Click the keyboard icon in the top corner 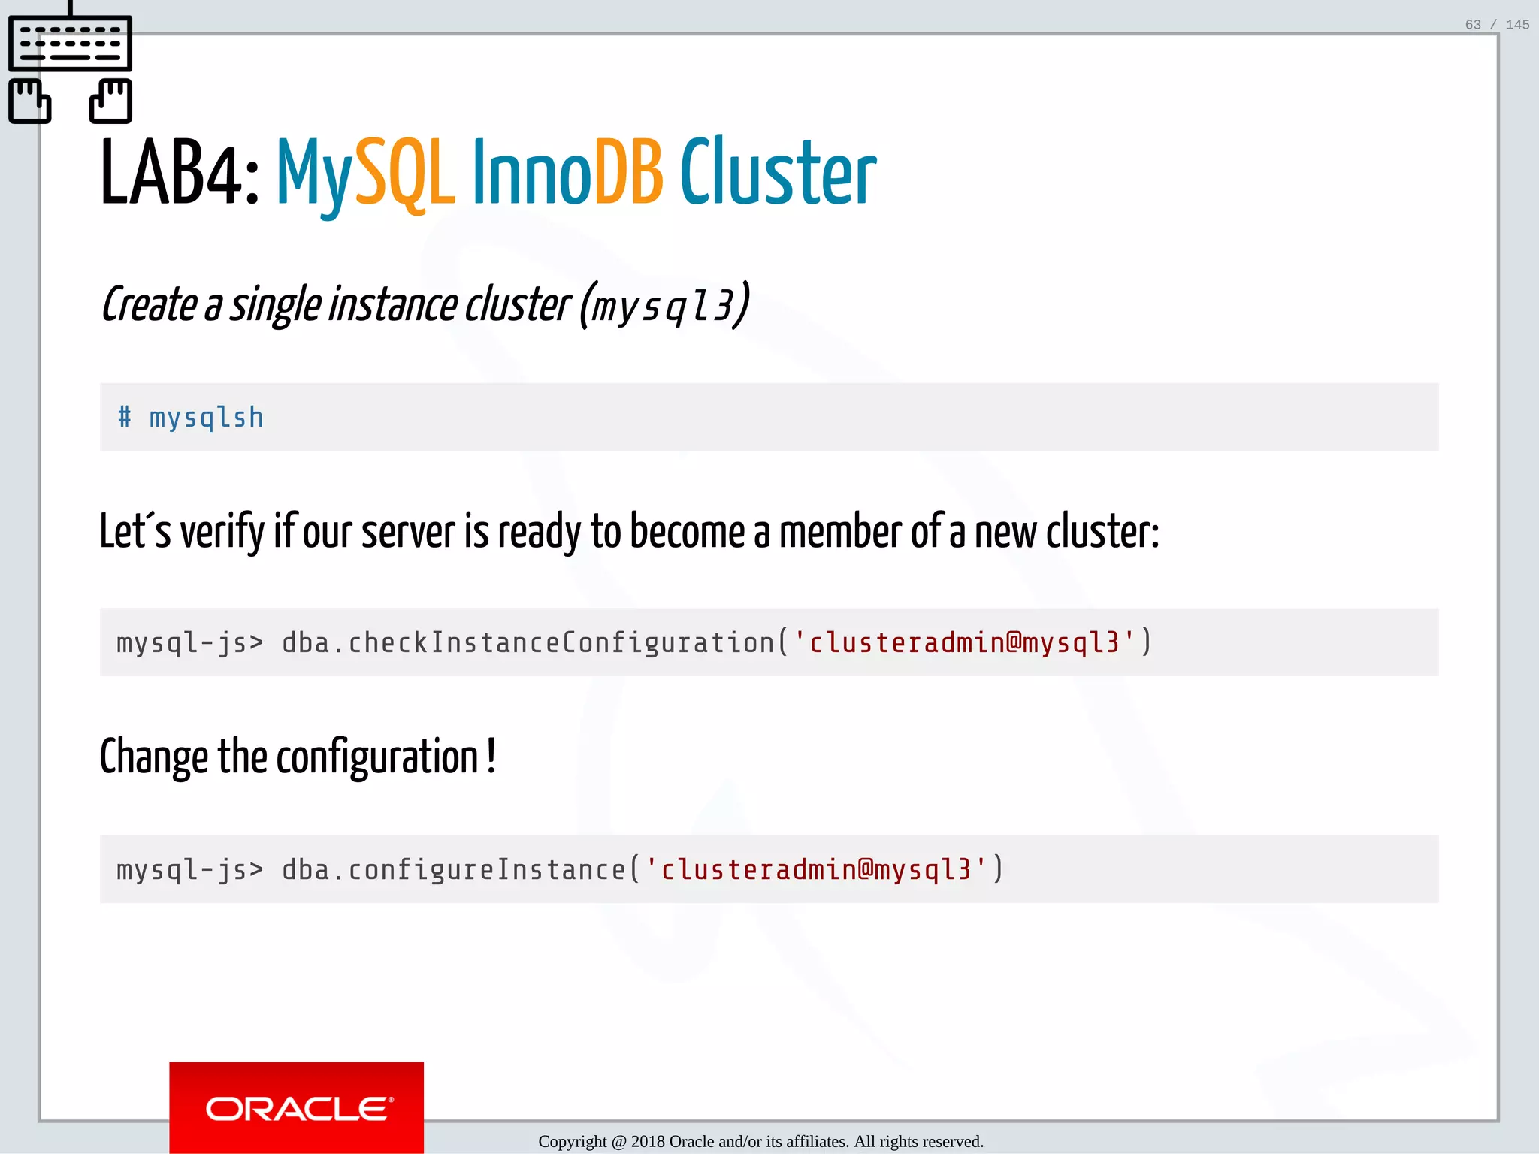click(70, 43)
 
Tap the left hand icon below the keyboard click(29, 101)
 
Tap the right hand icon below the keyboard click(110, 101)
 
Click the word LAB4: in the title click(180, 173)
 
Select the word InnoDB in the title click(567, 173)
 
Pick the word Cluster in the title click(778, 173)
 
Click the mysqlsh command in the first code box click(207, 418)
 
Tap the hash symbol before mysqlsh click(125, 417)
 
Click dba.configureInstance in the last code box click(454, 870)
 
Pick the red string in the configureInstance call click(816, 870)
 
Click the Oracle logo click(297, 1107)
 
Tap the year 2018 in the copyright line click(648, 1142)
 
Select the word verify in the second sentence click(222, 532)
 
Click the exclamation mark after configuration click(491, 755)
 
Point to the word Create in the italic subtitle click(149, 305)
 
